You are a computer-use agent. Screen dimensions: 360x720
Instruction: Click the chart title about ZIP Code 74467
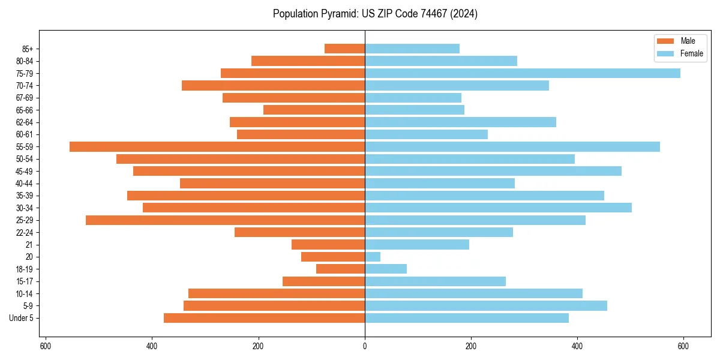point(375,14)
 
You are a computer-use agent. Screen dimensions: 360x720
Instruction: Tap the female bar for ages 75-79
point(522,73)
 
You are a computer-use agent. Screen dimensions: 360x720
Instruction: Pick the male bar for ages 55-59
point(217,147)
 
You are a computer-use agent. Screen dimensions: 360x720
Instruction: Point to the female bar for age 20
point(373,257)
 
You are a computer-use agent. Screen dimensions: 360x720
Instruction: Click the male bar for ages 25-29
point(225,220)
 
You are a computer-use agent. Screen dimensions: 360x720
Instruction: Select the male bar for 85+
point(344,49)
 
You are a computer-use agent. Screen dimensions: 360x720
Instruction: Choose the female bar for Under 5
point(466,318)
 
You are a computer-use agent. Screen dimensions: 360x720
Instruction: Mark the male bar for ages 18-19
point(340,269)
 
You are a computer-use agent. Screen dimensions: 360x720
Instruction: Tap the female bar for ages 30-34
point(498,208)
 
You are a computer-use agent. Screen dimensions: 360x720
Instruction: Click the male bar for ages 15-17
point(323,281)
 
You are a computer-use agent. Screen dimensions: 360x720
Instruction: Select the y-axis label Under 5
point(22,318)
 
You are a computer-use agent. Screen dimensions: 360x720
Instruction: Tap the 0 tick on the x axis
point(365,346)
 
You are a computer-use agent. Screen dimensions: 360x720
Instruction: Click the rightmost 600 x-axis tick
point(683,346)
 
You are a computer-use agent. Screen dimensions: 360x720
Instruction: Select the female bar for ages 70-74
point(457,86)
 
